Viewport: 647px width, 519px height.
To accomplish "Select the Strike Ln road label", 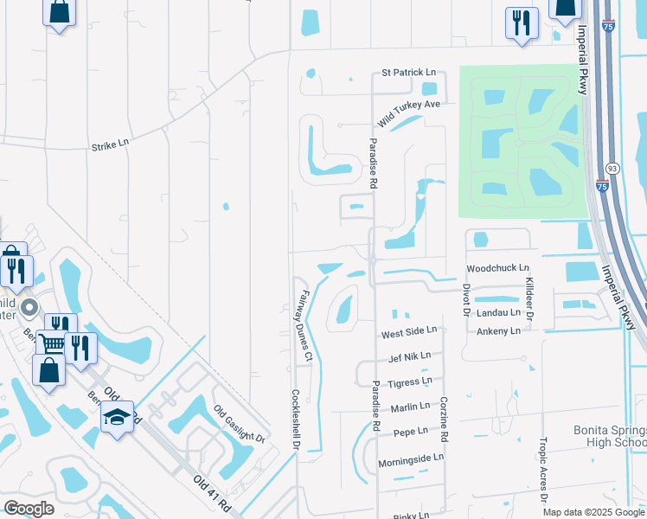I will click(x=110, y=146).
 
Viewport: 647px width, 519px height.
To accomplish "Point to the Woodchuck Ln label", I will click(x=496, y=269).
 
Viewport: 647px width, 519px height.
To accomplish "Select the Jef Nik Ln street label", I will click(x=409, y=356).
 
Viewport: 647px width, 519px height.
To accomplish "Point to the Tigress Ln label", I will click(x=410, y=381).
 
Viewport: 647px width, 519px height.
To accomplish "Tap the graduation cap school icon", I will click(x=116, y=418).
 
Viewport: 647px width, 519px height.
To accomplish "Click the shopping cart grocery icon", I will click(x=52, y=343).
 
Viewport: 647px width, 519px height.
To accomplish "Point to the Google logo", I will click(x=29, y=509).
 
